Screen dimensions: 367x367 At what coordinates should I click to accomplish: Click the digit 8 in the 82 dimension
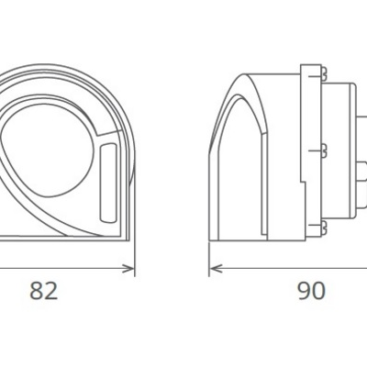point(38,292)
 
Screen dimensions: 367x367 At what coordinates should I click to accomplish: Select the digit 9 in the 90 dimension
point(305,292)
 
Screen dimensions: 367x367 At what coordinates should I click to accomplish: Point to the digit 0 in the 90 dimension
point(319,292)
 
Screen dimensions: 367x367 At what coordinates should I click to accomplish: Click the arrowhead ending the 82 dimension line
point(130,271)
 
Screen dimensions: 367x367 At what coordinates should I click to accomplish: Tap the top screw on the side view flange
point(325,71)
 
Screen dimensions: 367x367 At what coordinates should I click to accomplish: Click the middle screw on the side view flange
point(326,147)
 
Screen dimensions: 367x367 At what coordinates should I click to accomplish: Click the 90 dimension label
point(312,292)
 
